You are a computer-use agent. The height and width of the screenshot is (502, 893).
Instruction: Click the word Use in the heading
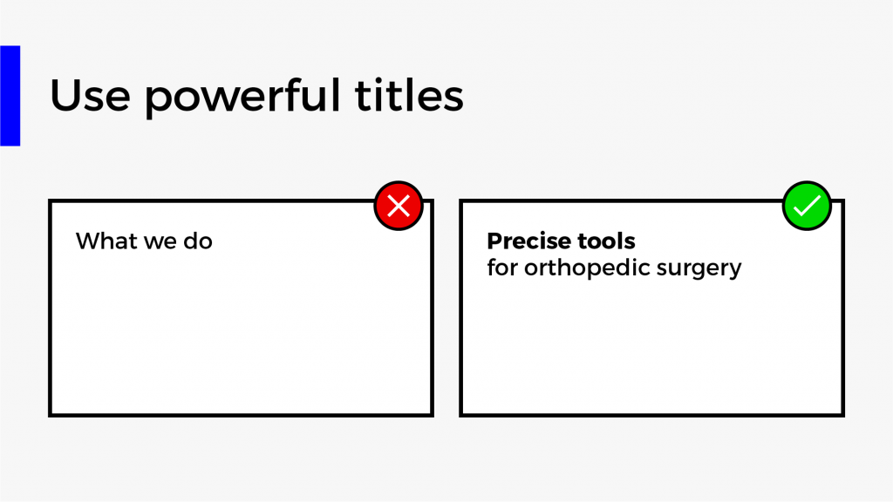(x=90, y=95)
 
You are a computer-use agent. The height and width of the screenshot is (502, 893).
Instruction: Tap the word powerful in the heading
(x=242, y=97)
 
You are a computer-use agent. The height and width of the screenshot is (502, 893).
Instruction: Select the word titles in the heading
(x=409, y=94)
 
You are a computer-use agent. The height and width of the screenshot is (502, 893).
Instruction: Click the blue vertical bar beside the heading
(x=10, y=96)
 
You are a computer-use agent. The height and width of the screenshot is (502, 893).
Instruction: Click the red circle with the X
(x=399, y=206)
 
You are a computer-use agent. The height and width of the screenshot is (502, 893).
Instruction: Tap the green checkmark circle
(x=807, y=206)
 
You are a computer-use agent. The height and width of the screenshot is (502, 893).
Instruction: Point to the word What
(x=107, y=241)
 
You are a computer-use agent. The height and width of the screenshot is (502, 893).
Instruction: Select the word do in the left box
(x=198, y=241)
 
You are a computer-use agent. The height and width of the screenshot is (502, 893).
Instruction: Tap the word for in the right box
(x=502, y=267)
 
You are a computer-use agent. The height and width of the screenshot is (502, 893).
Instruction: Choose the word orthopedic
(x=587, y=268)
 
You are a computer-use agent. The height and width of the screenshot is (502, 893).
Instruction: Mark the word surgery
(x=699, y=270)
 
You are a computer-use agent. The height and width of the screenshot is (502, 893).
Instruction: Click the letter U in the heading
(x=65, y=95)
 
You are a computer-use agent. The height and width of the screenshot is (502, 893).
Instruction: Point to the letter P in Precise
(x=494, y=241)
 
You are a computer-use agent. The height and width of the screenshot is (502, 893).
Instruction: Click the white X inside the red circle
(x=399, y=206)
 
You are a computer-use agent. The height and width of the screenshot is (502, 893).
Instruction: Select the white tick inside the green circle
(x=807, y=206)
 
